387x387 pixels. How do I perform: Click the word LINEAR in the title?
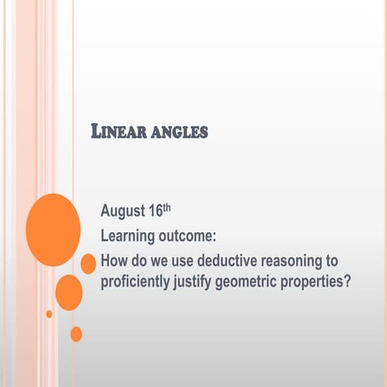tap(119, 131)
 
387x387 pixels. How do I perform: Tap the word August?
tap(123, 213)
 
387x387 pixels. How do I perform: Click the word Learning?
tap(129, 237)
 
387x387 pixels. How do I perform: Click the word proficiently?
tap(136, 282)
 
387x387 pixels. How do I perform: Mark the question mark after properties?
tap(352, 282)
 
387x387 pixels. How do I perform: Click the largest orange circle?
tap(53, 230)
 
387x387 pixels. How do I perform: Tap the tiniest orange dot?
tap(49, 314)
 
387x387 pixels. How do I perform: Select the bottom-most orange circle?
tap(76, 333)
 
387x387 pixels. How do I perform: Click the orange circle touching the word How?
tap(89, 264)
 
